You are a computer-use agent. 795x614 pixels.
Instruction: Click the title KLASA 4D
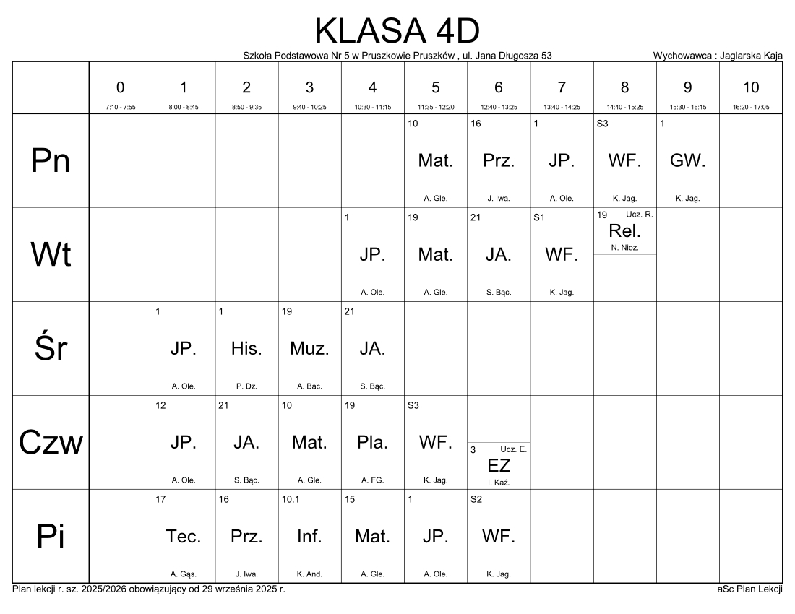[x=397, y=31]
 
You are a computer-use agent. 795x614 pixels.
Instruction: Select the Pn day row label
[x=51, y=161]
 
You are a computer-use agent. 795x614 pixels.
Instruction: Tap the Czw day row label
[x=51, y=442]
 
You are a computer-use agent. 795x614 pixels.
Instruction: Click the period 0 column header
[x=120, y=87]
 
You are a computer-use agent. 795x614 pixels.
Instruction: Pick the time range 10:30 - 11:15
[x=372, y=107]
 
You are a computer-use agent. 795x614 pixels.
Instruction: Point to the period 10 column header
[x=751, y=87]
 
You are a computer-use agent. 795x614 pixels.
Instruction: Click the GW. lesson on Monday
[x=687, y=161]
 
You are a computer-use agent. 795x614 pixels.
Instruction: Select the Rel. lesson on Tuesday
[x=624, y=232]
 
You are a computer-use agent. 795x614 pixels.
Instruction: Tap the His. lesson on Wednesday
[x=246, y=348]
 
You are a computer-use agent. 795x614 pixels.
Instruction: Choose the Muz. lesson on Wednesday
[x=309, y=348]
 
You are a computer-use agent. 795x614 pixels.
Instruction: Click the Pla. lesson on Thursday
[x=372, y=442]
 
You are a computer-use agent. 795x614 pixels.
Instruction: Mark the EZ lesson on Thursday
[x=499, y=465]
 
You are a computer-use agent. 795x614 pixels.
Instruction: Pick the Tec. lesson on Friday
[x=184, y=536]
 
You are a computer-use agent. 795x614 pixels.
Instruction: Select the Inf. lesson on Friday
[x=309, y=536]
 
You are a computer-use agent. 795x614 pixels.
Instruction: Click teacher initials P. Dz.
[x=246, y=386]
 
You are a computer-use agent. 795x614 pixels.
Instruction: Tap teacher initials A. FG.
[x=372, y=480]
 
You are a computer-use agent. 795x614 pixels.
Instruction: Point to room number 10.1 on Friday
[x=290, y=498]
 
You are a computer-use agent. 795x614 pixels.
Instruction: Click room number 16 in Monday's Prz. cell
[x=476, y=124]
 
